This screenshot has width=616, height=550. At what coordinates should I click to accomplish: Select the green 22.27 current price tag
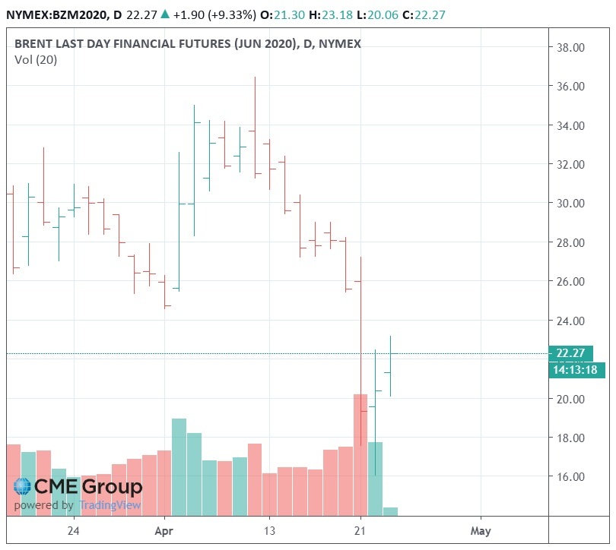pyautogui.click(x=570, y=352)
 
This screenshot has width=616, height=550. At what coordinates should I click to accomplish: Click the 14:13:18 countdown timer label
pyautogui.click(x=575, y=369)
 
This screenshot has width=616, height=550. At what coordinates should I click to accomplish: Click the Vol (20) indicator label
pyautogui.click(x=35, y=60)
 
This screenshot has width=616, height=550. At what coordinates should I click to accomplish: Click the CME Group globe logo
pyautogui.click(x=23, y=487)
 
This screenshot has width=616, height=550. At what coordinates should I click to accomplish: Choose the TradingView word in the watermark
pyautogui.click(x=110, y=505)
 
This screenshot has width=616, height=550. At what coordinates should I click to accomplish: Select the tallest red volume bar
pyautogui.click(x=360, y=454)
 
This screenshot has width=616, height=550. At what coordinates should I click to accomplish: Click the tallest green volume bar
pyautogui.click(x=179, y=466)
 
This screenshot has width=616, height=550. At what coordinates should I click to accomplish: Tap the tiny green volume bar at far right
pyautogui.click(x=390, y=511)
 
